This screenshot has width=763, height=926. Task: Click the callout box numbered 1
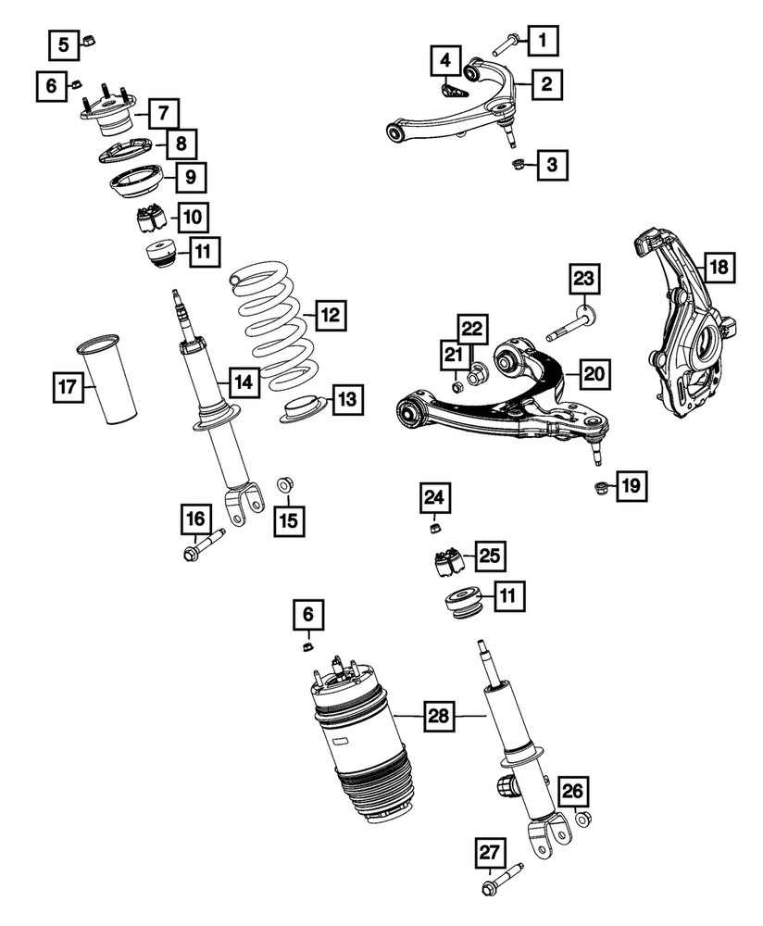click(x=544, y=40)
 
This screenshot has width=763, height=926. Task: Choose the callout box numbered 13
click(x=344, y=400)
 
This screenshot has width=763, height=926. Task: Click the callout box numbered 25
click(x=491, y=556)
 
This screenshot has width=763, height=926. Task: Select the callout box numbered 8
click(x=181, y=144)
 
